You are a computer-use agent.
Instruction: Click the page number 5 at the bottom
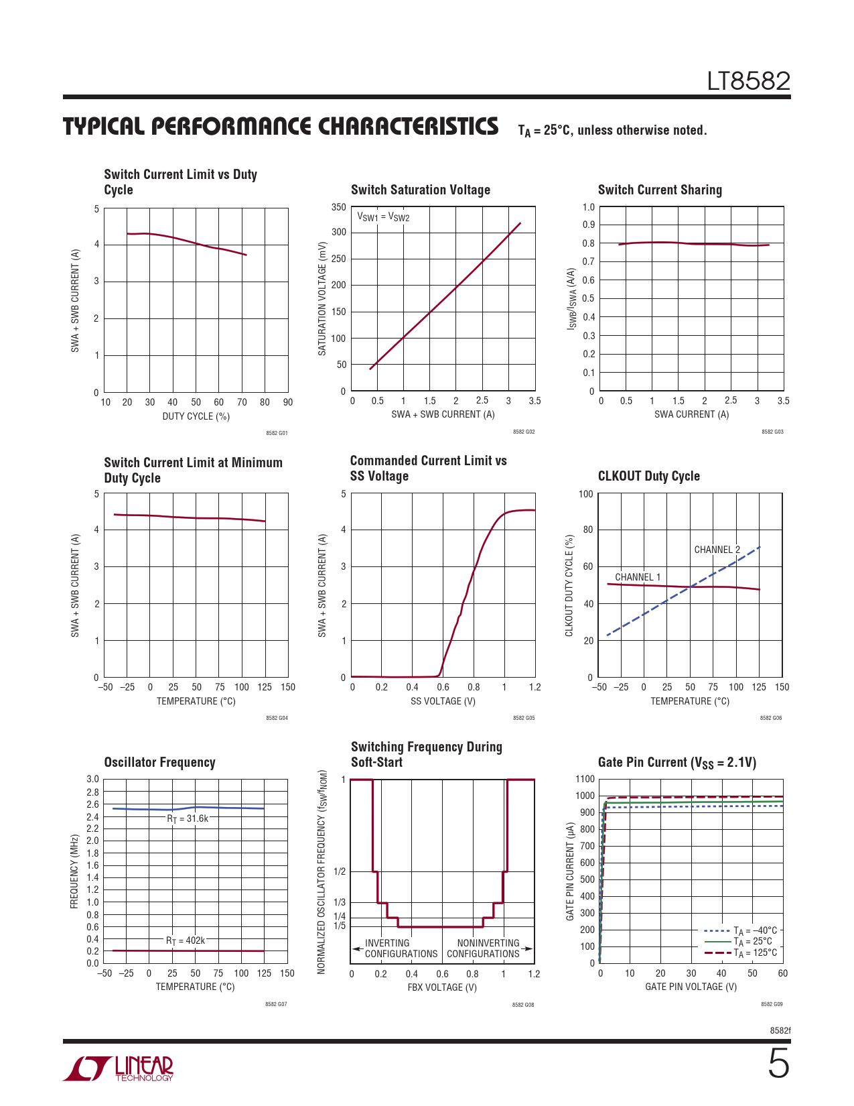click(778, 1064)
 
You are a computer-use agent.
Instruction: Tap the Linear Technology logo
click(118, 1068)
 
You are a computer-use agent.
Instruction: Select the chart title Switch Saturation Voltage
click(420, 190)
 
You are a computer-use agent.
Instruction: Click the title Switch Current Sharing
click(660, 190)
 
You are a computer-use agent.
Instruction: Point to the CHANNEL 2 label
click(717, 550)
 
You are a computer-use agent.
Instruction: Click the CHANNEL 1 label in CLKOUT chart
click(638, 577)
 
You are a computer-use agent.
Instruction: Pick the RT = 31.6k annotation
click(188, 819)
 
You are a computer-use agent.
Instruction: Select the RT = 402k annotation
click(186, 940)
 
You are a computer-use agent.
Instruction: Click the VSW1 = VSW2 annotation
click(383, 217)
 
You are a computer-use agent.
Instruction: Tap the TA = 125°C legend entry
click(741, 953)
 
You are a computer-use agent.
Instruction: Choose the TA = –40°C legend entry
click(741, 930)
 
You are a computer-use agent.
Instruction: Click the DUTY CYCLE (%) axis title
click(196, 416)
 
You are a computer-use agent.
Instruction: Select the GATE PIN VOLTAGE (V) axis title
click(691, 987)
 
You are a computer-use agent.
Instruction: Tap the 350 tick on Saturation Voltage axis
click(338, 207)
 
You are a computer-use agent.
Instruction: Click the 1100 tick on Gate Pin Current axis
click(585, 779)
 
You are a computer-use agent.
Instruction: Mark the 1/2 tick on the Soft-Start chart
click(340, 871)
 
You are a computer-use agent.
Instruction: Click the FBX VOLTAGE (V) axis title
click(442, 987)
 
